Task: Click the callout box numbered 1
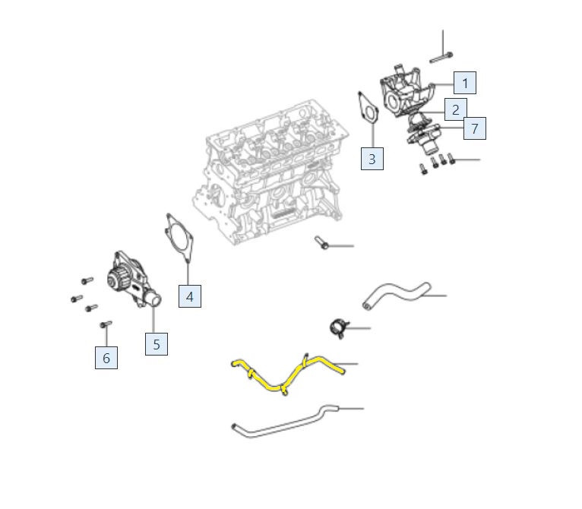tap(465, 83)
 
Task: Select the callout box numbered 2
tap(455, 109)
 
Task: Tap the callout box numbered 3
tap(372, 159)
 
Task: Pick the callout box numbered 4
tap(190, 296)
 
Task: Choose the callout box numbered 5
tap(157, 344)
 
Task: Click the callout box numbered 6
tap(106, 358)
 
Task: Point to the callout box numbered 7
tap(475, 128)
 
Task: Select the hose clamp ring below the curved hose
tap(337, 328)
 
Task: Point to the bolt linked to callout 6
tap(106, 324)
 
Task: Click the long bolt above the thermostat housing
tap(441, 58)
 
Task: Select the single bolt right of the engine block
tap(321, 242)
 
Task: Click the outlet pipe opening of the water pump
tap(156, 299)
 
